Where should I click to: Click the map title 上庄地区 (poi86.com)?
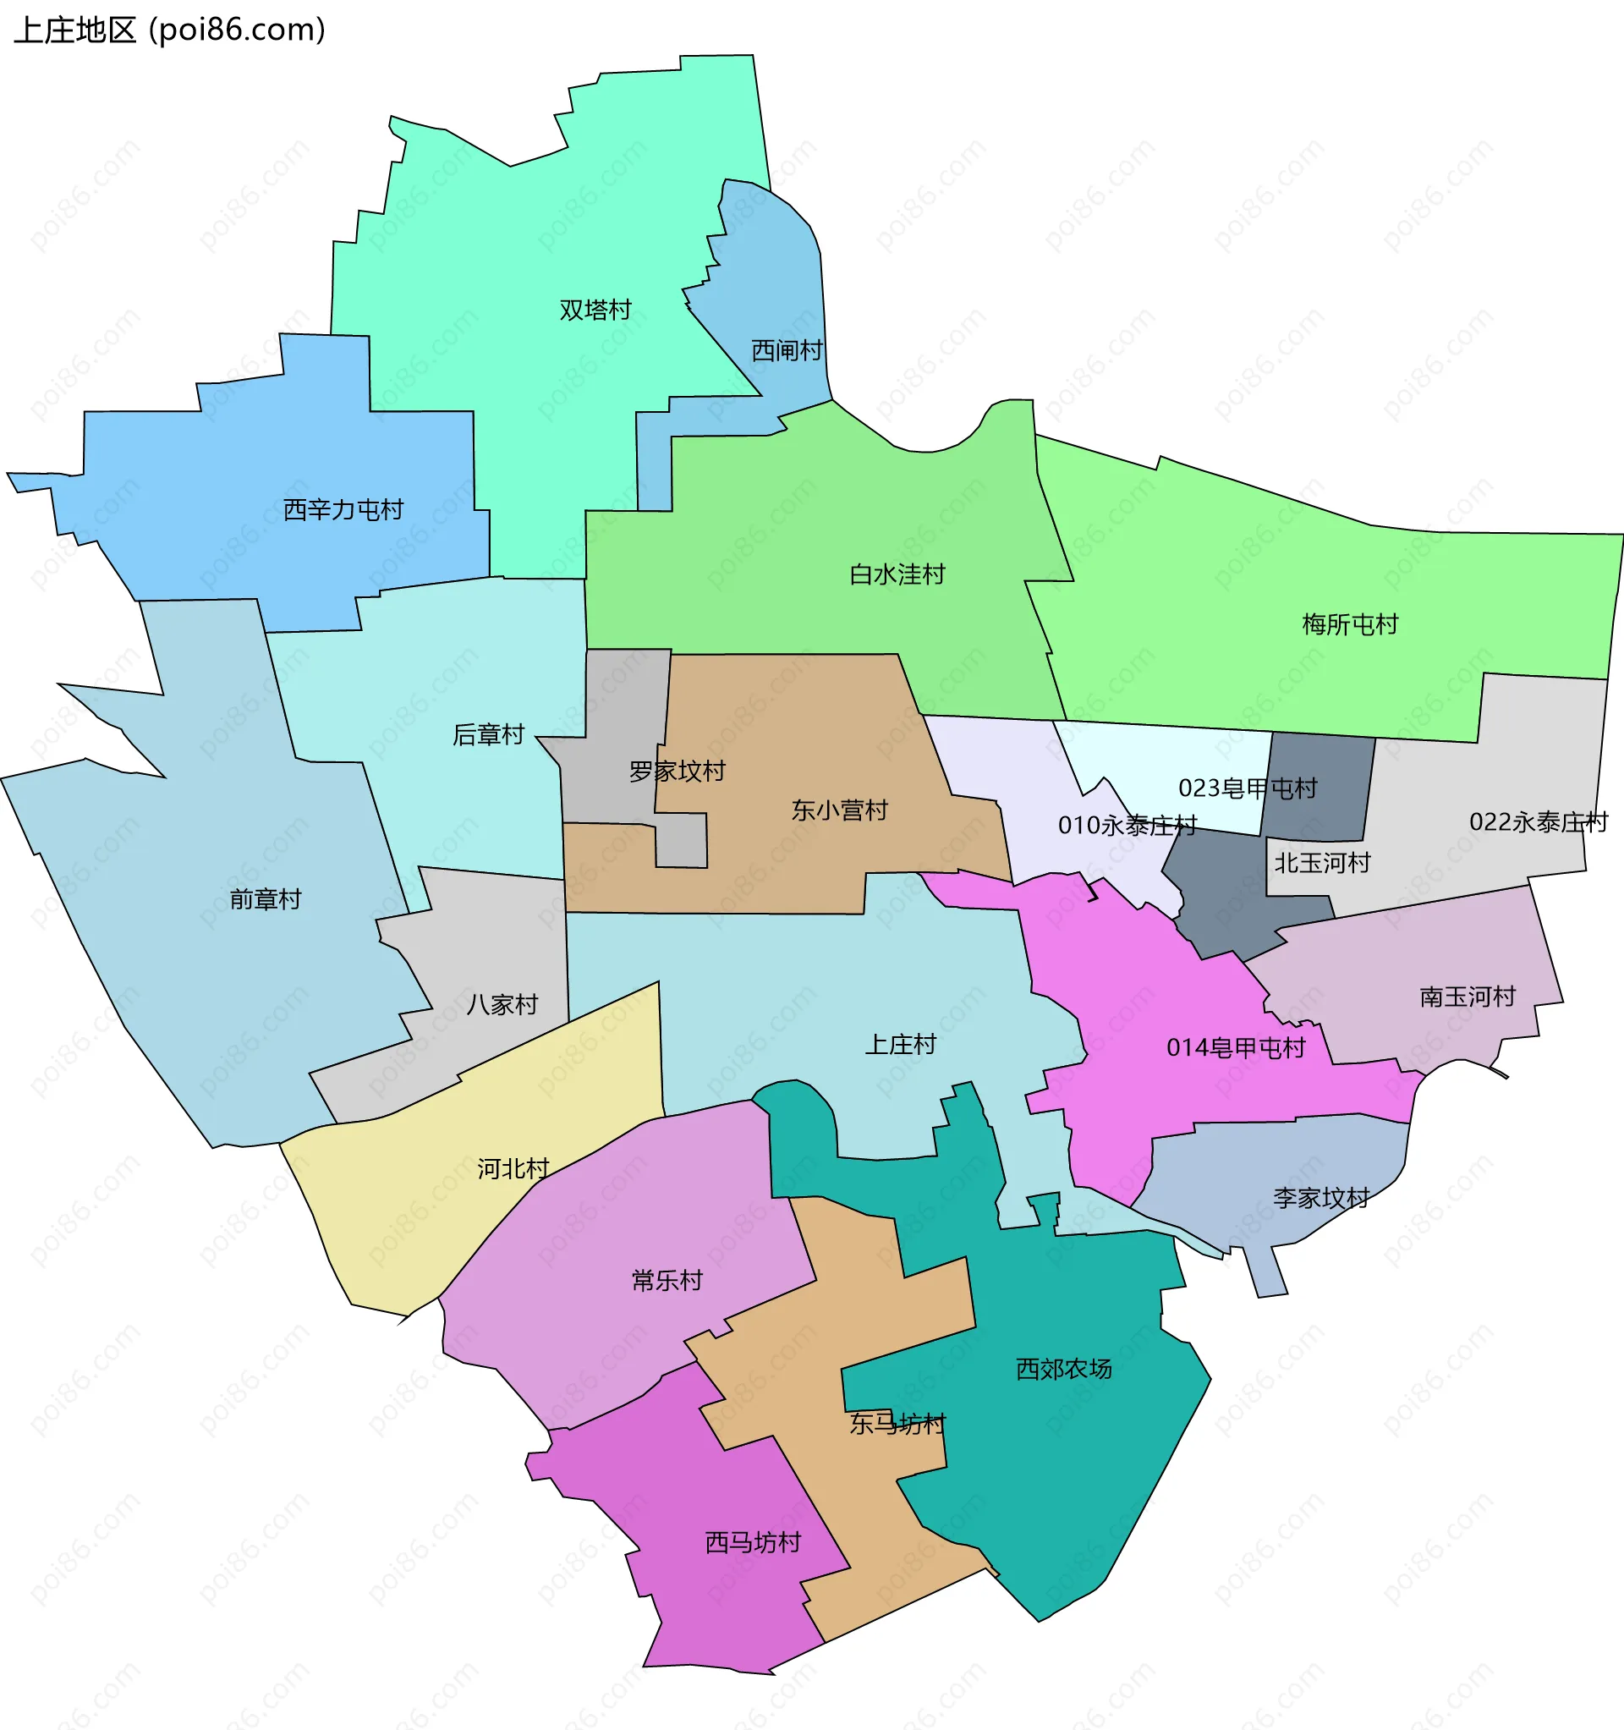170,30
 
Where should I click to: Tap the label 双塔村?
595,310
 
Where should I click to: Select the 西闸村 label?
787,351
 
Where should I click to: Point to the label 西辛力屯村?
343,510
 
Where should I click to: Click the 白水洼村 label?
897,574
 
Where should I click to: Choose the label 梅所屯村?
1350,624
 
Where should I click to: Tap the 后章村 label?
488,735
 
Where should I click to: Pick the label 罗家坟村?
678,771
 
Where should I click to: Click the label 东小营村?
840,810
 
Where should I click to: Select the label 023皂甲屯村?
1248,788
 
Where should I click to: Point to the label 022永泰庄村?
1539,821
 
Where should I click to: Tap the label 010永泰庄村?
1128,825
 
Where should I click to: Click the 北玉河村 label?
1323,862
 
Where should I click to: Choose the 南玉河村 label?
1468,997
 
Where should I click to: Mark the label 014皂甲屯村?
1236,1048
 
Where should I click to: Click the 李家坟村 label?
1322,1197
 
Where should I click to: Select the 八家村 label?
503,1005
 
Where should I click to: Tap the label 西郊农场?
1064,1369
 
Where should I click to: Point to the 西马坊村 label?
753,1542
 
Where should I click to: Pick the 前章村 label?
266,899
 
